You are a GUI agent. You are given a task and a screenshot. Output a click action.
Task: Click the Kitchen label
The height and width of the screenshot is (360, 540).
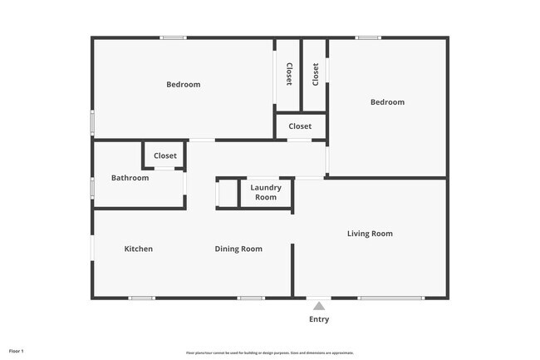coord(138,249)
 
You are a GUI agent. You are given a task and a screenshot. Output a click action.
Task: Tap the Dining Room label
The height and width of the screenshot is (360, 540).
coord(238,249)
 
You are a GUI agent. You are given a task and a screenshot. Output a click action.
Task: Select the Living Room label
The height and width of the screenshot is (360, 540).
coord(370,234)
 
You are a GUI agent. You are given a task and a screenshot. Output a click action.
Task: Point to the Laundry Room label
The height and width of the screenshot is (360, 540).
coord(266,193)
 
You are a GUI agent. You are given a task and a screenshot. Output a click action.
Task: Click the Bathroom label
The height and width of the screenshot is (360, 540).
coord(130,178)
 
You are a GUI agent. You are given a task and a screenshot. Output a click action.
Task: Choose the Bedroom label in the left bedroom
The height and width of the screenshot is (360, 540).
coord(183,84)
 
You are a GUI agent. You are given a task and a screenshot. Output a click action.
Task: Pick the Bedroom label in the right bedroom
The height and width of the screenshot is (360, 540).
coord(387,102)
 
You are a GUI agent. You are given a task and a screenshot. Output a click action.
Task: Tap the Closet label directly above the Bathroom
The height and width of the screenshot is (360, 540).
coord(164,155)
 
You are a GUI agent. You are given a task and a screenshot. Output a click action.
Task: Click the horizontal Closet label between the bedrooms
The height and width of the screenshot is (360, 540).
coord(300,126)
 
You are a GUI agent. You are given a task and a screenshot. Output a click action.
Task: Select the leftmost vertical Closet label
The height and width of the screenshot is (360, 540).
coord(288,75)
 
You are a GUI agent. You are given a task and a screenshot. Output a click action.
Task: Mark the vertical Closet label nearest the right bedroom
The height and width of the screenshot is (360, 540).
coord(316,75)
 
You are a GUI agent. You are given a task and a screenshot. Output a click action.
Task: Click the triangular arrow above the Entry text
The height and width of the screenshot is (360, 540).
coord(318,306)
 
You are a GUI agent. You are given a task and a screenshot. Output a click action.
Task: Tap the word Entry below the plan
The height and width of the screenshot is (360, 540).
coord(319,319)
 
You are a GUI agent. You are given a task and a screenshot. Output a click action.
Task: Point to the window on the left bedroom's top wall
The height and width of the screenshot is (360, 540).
coord(173,37)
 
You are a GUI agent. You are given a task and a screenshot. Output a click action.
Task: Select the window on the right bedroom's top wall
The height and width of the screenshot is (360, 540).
coord(368,37)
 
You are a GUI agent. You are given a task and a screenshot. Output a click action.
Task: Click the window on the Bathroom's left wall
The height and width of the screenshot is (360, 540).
coord(92,187)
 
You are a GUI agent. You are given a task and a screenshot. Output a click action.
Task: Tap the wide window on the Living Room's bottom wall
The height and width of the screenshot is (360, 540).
coord(390,298)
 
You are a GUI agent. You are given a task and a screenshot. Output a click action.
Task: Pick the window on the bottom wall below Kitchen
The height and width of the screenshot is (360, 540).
coord(142,298)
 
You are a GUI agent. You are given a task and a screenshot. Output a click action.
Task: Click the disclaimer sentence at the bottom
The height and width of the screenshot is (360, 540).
coord(269,353)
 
